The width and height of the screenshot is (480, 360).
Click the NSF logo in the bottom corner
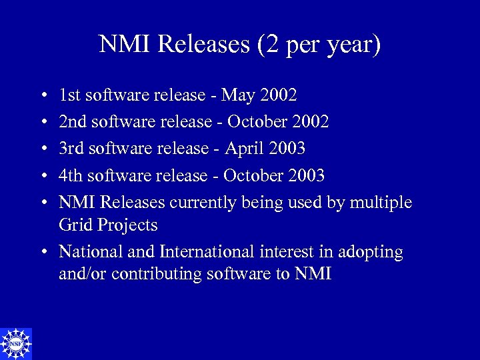click(x=16, y=343)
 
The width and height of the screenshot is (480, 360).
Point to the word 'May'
click(x=238, y=95)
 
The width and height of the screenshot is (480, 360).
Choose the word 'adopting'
click(x=370, y=253)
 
